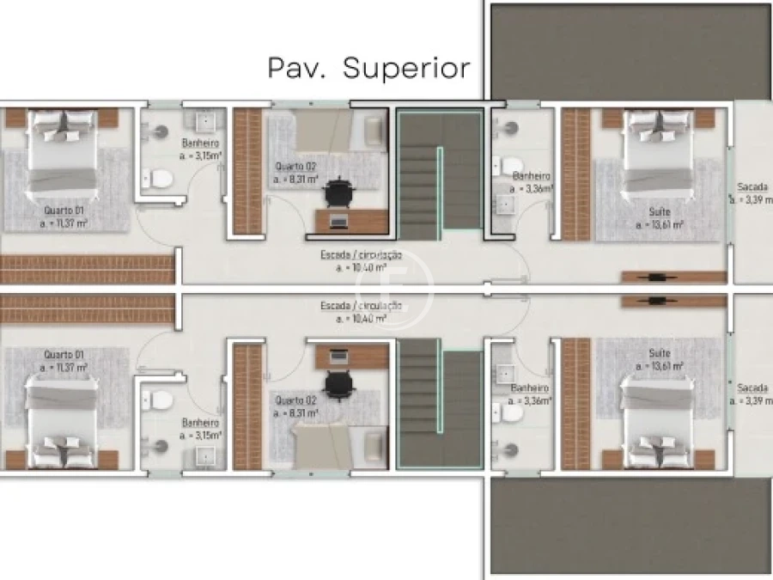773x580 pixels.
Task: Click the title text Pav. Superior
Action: (369, 67)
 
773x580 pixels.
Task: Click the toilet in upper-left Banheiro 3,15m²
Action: (158, 179)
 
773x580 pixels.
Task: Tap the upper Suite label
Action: (660, 211)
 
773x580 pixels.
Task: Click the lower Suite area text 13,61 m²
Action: (660, 365)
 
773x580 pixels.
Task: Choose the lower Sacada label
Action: (752, 388)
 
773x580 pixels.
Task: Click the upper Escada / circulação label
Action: (361, 254)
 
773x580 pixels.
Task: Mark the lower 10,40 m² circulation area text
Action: (361, 318)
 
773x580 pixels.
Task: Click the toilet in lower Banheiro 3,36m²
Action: (509, 413)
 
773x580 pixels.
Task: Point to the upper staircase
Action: (438, 172)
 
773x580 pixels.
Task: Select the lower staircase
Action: (438, 404)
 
